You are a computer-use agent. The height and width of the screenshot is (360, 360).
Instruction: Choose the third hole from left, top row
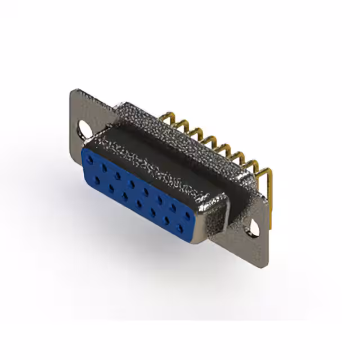tap(118, 175)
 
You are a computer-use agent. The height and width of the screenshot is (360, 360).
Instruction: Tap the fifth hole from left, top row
tap(145, 191)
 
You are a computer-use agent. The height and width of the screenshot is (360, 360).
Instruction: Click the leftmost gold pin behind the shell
tap(166, 119)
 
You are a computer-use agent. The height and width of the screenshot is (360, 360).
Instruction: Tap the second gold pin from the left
tap(181, 125)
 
